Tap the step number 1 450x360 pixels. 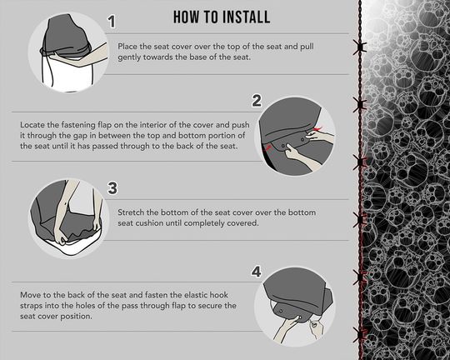click(112, 21)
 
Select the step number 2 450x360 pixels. click(257, 101)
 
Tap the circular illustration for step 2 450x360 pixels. click(302, 136)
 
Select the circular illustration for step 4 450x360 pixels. click(302, 304)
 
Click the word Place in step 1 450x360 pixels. click(132, 48)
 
